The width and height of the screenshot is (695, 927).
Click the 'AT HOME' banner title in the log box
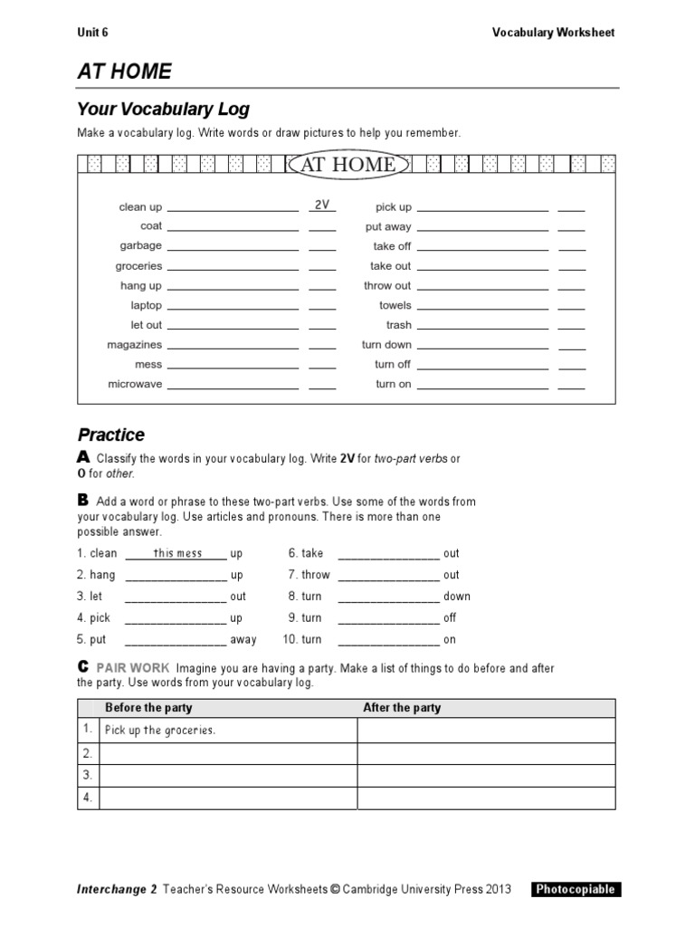(x=347, y=165)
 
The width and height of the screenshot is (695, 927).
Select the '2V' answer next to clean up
(x=321, y=205)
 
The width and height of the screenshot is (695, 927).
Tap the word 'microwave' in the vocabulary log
(x=135, y=384)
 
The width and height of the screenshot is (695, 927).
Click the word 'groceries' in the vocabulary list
(x=138, y=266)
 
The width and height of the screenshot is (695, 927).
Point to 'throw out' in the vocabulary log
(x=387, y=286)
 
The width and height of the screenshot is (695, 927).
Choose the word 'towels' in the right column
(x=395, y=306)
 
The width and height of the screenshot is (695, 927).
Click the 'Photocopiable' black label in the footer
(x=576, y=889)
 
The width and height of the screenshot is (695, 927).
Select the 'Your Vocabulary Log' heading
(x=163, y=110)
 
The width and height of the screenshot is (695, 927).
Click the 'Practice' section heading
(x=110, y=435)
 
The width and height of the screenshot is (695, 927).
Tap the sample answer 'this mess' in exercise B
(x=177, y=553)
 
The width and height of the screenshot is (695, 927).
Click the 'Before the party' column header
(x=148, y=708)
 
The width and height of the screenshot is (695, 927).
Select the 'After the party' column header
(x=402, y=708)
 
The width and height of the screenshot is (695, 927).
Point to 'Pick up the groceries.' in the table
(x=160, y=731)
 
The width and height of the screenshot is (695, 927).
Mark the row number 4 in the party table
(x=88, y=798)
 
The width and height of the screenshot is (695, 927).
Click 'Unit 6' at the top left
(x=92, y=33)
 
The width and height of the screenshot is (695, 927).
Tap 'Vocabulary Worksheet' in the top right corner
(x=553, y=33)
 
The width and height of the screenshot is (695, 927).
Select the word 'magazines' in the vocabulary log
(x=134, y=345)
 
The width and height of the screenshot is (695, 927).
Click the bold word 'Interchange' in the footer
(x=111, y=889)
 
